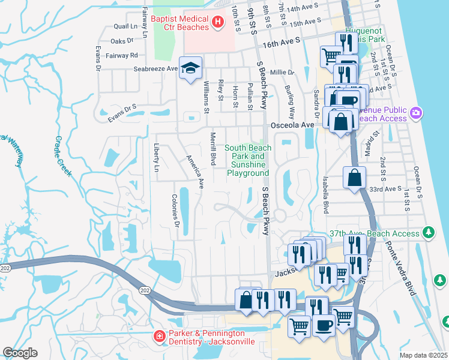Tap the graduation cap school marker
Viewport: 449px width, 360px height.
pos(191,68)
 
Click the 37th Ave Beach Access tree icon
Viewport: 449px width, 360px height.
pos(428,232)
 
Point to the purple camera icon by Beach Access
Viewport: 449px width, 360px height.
pos(416,112)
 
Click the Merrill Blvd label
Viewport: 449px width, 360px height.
pos(212,149)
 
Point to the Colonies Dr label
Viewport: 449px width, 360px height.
pos(175,211)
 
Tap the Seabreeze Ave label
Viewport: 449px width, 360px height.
pos(155,68)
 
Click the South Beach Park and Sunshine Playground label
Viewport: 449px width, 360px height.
pos(248,160)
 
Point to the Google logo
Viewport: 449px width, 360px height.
pos(20,353)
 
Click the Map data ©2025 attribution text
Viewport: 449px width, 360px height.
pos(424,355)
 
